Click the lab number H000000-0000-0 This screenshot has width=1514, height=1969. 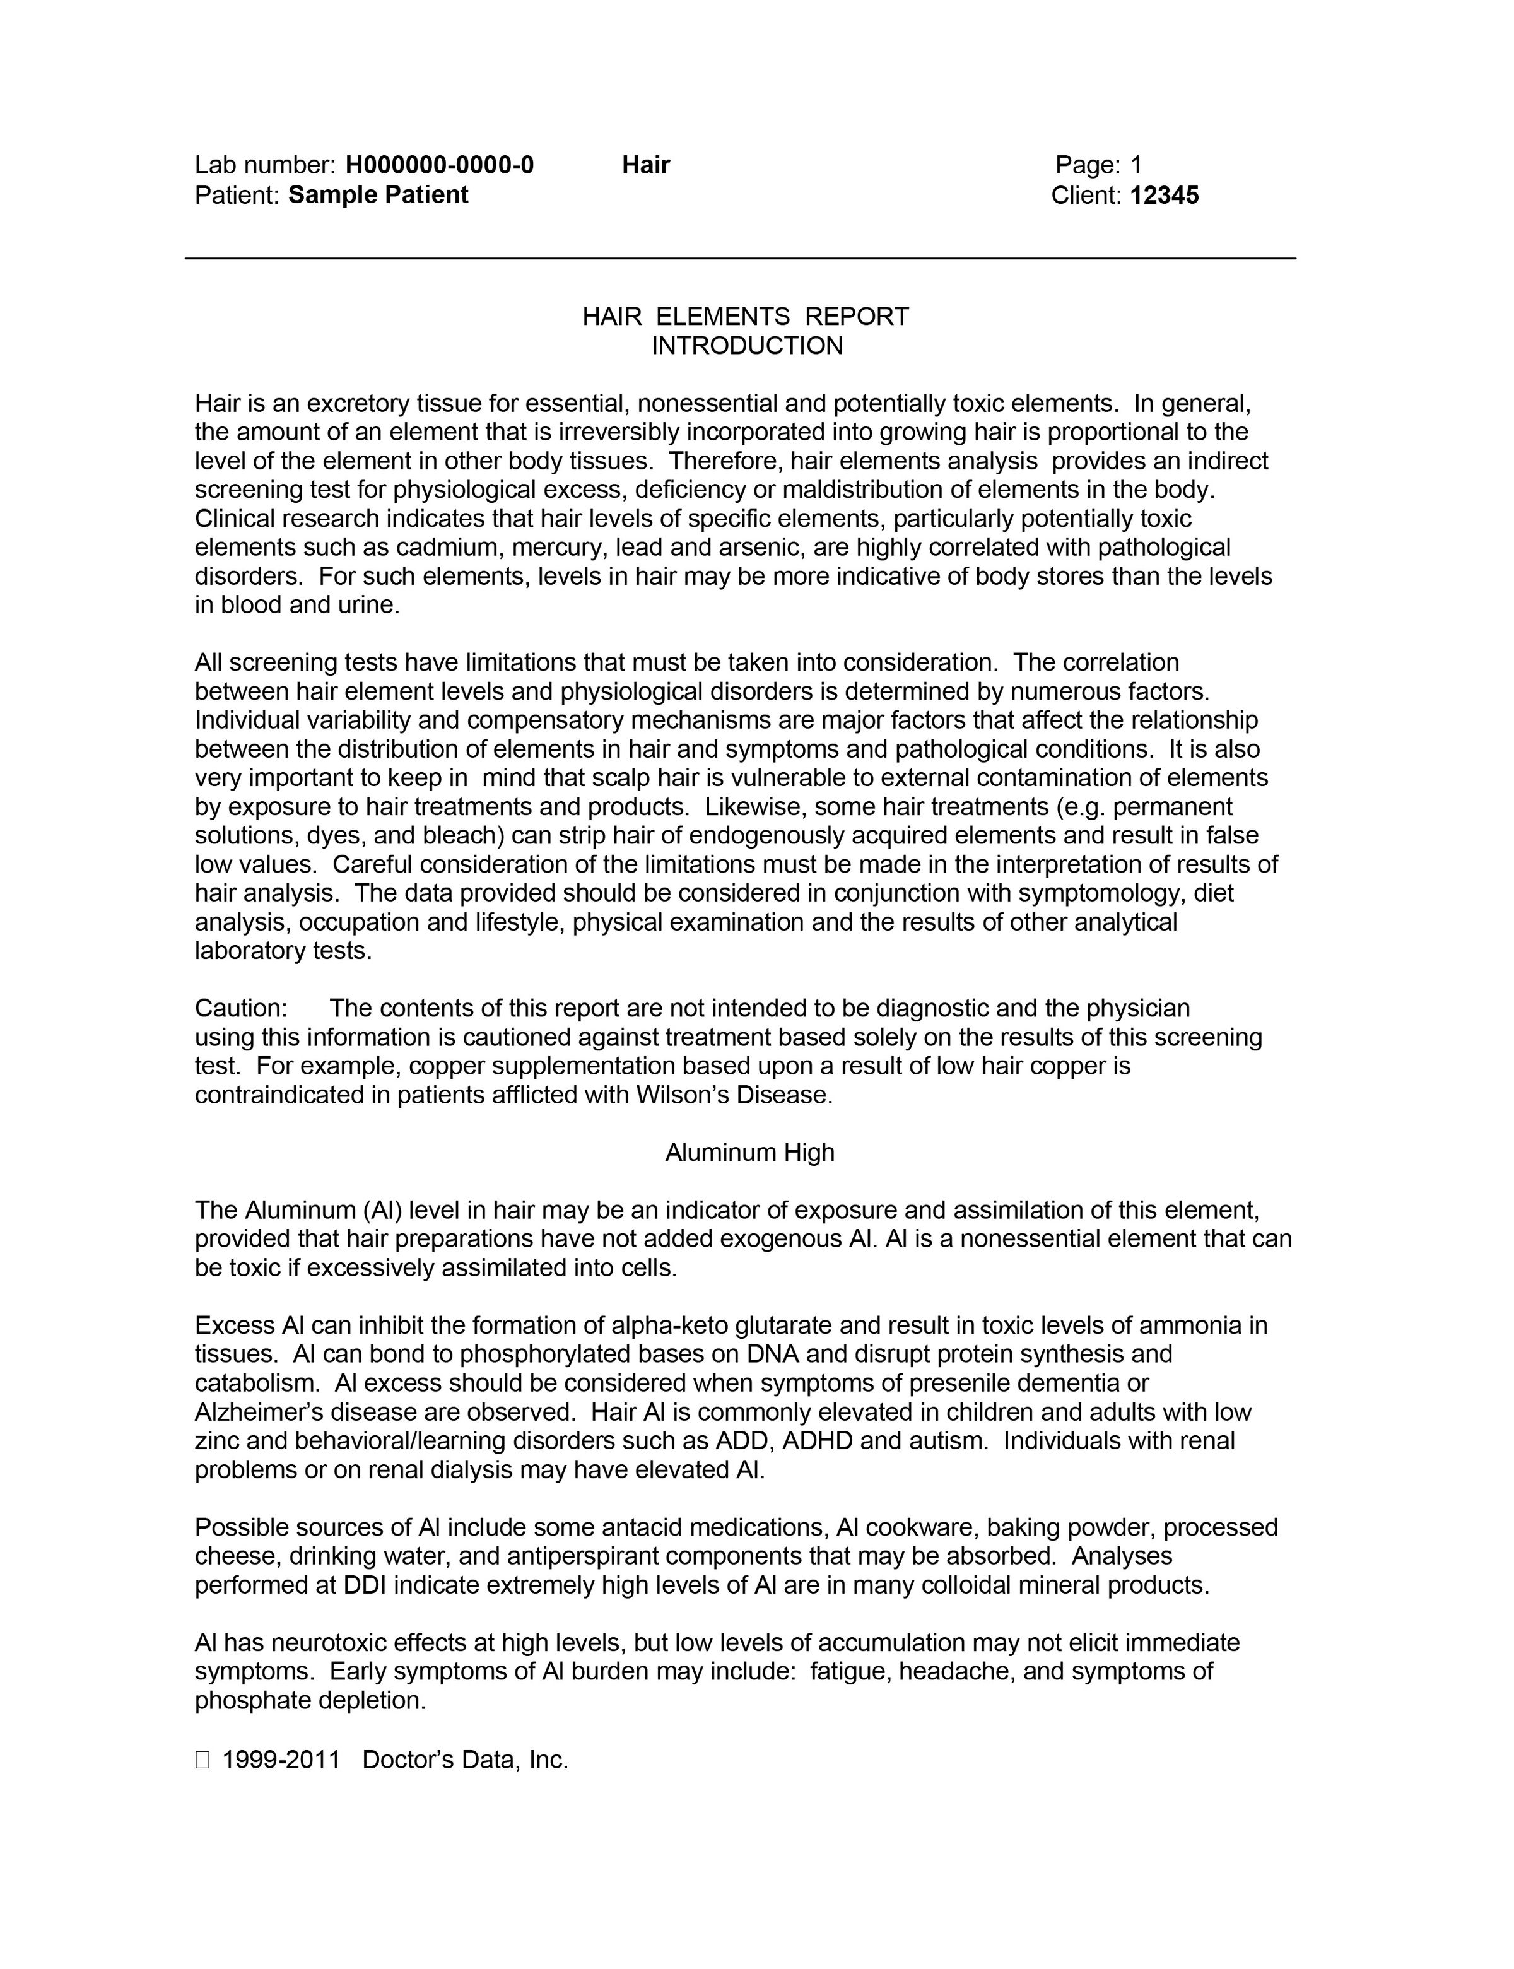tap(439, 165)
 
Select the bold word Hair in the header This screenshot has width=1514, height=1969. tap(645, 165)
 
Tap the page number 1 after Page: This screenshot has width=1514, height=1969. tap(1135, 165)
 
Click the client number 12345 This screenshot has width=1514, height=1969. tap(1165, 196)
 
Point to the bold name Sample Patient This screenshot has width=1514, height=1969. tap(378, 196)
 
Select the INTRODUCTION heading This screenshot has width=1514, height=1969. tap(747, 346)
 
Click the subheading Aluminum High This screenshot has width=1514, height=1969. tap(750, 1153)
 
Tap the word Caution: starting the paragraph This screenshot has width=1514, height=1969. tap(240, 1008)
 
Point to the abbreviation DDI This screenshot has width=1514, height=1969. tap(365, 1585)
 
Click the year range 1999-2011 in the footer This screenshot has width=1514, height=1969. tap(281, 1760)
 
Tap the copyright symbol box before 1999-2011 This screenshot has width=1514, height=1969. tap(202, 1760)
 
